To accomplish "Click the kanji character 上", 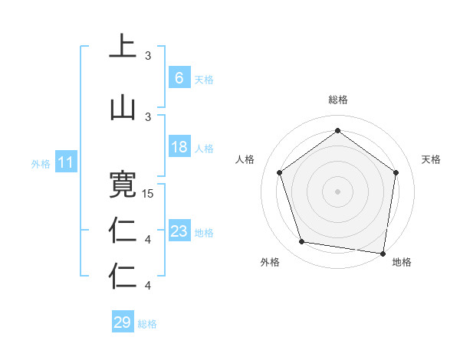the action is tap(122, 47).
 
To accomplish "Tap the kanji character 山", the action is tap(122, 107).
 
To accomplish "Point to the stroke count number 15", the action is tap(149, 193).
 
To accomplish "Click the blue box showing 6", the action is tap(179, 78).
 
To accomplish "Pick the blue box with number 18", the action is tap(179, 147).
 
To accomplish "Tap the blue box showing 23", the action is tap(179, 231).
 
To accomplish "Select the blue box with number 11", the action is tap(65, 162).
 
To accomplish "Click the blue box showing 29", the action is tap(122, 322).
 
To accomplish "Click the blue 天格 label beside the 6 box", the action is tap(204, 80).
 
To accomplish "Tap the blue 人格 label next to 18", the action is tap(204, 149).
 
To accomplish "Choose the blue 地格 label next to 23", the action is tap(204, 233).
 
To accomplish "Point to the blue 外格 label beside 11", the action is tap(41, 164).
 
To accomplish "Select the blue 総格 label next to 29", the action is tap(147, 324).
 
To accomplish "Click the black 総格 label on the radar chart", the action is tap(337, 100).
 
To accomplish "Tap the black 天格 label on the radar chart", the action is tap(431, 159).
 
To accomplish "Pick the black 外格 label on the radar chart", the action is tap(270, 262).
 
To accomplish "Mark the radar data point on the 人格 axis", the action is tap(279, 172).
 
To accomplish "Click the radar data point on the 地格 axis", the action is tap(383, 253).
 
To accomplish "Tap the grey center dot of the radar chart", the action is tap(337, 191).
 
